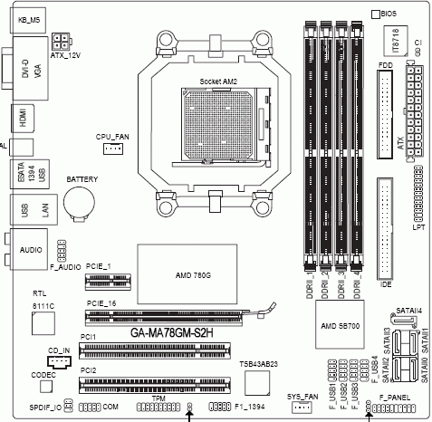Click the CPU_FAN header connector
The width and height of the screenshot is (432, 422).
tap(112, 149)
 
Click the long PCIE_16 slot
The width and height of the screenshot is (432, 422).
tap(172, 317)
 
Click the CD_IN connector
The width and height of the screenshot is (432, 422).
tap(57, 360)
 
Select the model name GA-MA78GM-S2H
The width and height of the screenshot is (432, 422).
tap(171, 333)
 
